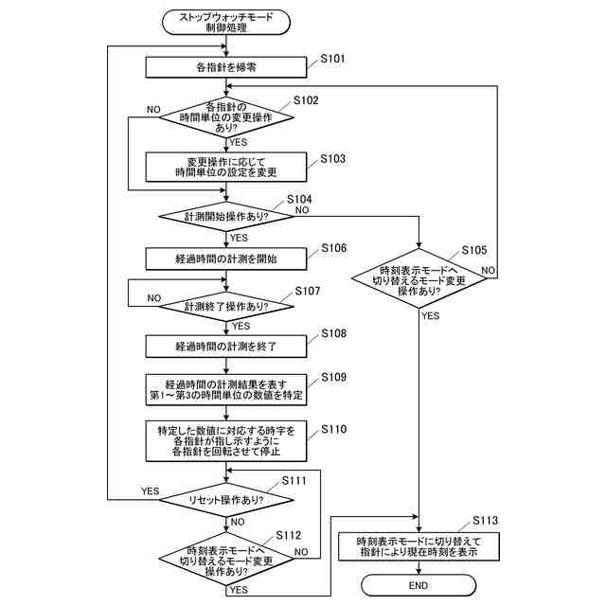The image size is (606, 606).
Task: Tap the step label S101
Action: click(x=333, y=60)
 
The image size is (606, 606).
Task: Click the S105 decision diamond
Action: click(x=418, y=277)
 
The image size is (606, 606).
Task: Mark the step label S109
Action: click(x=334, y=377)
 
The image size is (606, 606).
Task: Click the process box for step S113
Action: click(x=418, y=546)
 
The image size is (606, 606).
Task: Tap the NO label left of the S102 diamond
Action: click(x=153, y=110)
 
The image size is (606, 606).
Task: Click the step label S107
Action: click(x=309, y=292)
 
